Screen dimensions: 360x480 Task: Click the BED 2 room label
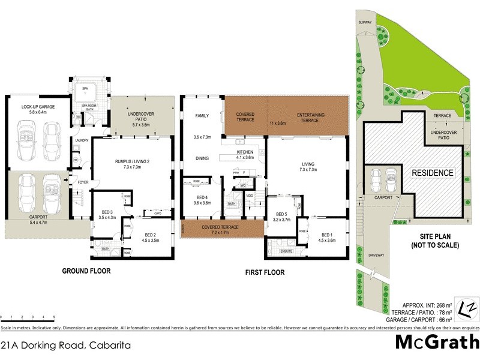point(151,235)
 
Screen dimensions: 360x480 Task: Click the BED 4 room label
point(202,197)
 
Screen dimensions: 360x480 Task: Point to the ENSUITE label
point(286,250)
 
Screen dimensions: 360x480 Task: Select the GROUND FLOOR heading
point(86,271)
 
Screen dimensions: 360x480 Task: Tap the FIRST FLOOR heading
point(264,272)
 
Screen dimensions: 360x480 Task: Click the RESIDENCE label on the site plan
point(432,173)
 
